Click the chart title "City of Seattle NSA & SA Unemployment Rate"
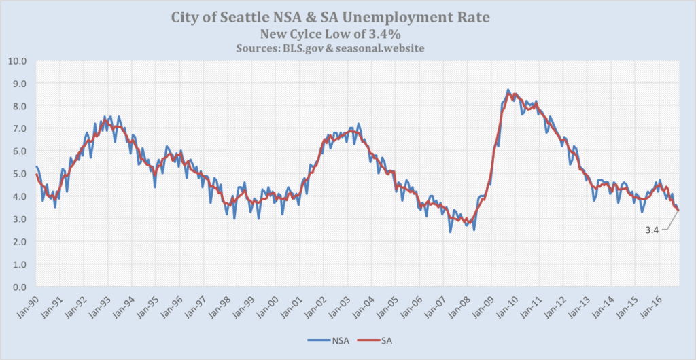pyautogui.click(x=347, y=16)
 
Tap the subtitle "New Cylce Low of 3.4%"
pyautogui.click(x=347, y=33)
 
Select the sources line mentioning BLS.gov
pyautogui.click(x=347, y=48)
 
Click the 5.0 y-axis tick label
pyautogui.click(x=19, y=174)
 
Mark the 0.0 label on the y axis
pyautogui.click(x=19, y=287)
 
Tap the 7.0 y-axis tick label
pyautogui.click(x=19, y=128)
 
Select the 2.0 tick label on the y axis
pyautogui.click(x=19, y=242)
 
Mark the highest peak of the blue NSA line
pyautogui.click(x=508, y=90)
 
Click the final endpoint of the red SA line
pyautogui.click(x=678, y=210)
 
